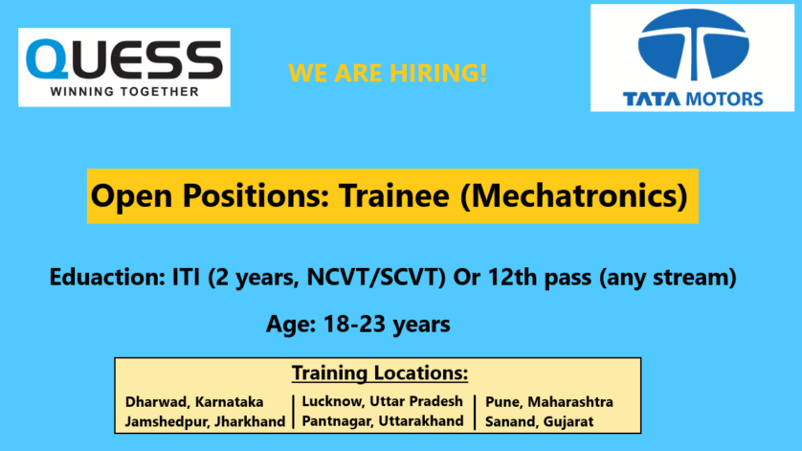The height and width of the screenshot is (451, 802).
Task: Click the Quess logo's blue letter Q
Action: pyautogui.click(x=47, y=59)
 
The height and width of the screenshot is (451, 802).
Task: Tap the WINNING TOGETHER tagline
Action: pyautogui.click(x=124, y=92)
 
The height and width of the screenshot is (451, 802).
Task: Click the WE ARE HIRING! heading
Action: pyautogui.click(x=388, y=73)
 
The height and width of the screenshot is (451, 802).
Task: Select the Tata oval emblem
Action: pyautogui.click(x=693, y=45)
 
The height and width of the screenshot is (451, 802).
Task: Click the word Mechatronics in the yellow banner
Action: pyautogui.click(x=574, y=195)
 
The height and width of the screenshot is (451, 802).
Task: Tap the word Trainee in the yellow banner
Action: pyautogui.click(x=394, y=195)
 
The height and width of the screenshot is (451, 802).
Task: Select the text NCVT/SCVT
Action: pyautogui.click(x=376, y=277)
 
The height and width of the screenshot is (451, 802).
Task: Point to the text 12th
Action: pyautogui.click(x=513, y=277)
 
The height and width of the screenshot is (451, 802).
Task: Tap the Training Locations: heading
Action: pyautogui.click(x=380, y=372)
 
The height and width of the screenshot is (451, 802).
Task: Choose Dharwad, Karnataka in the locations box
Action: pyautogui.click(x=194, y=402)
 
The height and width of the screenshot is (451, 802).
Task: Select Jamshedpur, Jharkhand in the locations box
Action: pyautogui.click(x=205, y=422)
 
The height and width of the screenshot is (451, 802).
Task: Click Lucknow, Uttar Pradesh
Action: pyautogui.click(x=382, y=401)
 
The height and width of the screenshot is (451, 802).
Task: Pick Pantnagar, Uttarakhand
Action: pyautogui.click(x=383, y=421)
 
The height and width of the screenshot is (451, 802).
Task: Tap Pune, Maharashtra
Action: pyautogui.click(x=548, y=402)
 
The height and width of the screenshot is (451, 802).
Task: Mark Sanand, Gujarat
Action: pyautogui.click(x=539, y=422)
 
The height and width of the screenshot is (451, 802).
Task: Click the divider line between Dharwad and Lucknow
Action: pyautogui.click(x=294, y=412)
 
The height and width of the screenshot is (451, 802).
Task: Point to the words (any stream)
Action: pyautogui.click(x=668, y=277)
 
